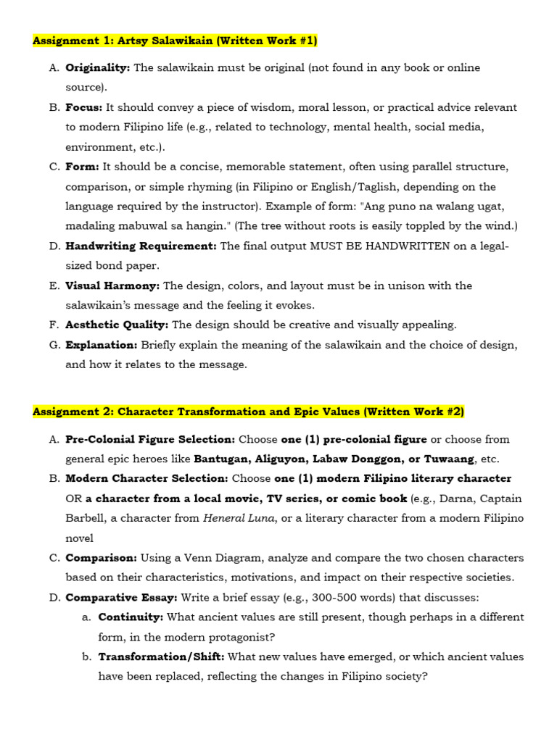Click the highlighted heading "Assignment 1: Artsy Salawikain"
[x=175, y=41]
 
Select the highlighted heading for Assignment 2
[x=248, y=412]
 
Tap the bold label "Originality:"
[x=98, y=67]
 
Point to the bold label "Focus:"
[x=84, y=107]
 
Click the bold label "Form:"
[x=83, y=167]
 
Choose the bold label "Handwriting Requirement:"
[x=141, y=246]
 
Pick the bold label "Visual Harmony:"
[x=112, y=285]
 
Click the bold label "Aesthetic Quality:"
[x=117, y=325]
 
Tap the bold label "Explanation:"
[x=102, y=345]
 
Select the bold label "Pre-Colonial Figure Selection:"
[x=150, y=439]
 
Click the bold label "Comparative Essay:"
[x=121, y=597]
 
